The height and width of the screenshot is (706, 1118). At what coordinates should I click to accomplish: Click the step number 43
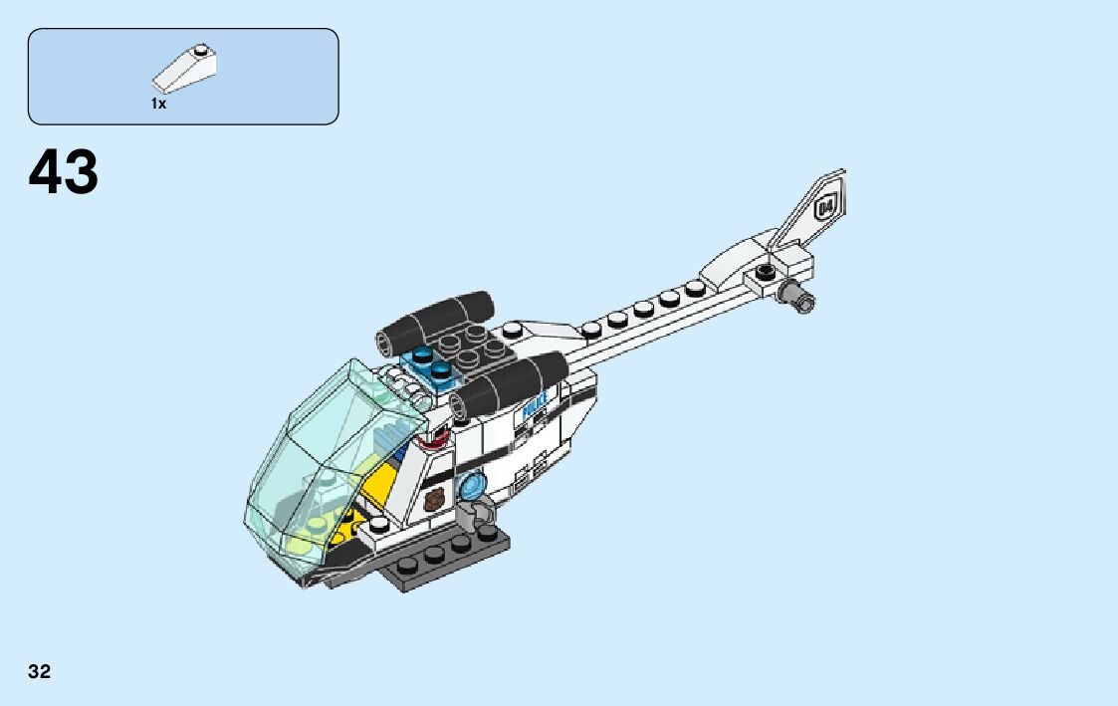click(64, 172)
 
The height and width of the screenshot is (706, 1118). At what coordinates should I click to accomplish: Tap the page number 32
click(39, 671)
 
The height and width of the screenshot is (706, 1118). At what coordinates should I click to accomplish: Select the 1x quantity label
click(158, 104)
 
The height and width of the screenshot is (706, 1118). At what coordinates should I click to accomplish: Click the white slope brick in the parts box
click(186, 69)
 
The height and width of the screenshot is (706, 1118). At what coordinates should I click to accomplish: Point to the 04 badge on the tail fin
click(826, 207)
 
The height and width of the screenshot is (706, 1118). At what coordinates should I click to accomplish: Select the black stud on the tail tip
click(765, 272)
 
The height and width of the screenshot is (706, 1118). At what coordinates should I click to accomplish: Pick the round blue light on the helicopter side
click(471, 487)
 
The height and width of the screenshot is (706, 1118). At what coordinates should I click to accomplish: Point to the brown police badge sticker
click(432, 501)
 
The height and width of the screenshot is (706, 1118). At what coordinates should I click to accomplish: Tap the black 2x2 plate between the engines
click(478, 349)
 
